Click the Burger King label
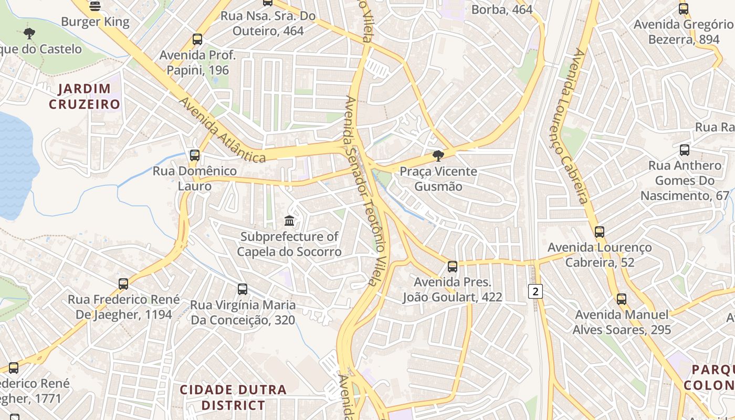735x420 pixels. [x=95, y=22]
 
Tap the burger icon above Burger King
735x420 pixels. [x=95, y=6]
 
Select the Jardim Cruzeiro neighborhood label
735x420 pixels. [x=85, y=96]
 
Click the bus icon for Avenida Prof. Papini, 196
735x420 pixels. [x=197, y=39]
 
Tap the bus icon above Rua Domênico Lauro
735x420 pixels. [x=195, y=155]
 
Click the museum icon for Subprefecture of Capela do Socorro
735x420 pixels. [x=289, y=220]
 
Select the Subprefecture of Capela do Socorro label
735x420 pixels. [x=289, y=244]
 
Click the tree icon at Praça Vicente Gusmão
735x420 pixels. [x=438, y=155]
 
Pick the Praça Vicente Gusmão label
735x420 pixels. [x=438, y=179]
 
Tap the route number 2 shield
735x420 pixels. [x=535, y=291]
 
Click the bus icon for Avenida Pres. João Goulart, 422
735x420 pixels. [x=453, y=267]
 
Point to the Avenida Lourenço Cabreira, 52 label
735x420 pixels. [x=600, y=255]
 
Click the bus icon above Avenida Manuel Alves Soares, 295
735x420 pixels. [x=622, y=299]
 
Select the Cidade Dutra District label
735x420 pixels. [x=234, y=397]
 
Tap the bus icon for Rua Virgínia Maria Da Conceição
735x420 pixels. [x=243, y=289]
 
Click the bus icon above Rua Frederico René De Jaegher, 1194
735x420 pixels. [x=123, y=284]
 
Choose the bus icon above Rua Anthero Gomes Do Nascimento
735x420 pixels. [x=685, y=150]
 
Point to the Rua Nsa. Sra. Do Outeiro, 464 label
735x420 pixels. [x=268, y=24]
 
